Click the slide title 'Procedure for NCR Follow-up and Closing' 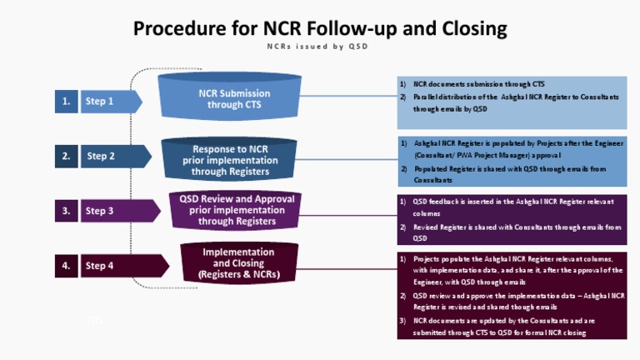320,29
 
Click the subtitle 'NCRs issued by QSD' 320,47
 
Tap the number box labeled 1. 66,102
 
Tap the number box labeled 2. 66,156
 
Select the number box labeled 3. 66,211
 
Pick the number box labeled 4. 66,267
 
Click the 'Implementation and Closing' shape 239,262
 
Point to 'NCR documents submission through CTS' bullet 478,84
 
